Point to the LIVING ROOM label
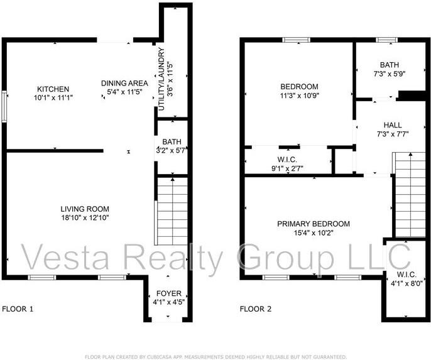click(85, 209)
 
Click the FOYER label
click(169, 293)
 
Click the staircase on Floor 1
click(172, 210)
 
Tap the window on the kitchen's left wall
click(4, 107)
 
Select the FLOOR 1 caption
click(18, 309)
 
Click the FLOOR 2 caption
click(256, 309)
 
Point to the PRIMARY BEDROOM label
click(314, 224)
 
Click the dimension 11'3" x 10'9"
click(299, 97)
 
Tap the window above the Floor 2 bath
click(386, 40)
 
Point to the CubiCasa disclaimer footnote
click(215, 356)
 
